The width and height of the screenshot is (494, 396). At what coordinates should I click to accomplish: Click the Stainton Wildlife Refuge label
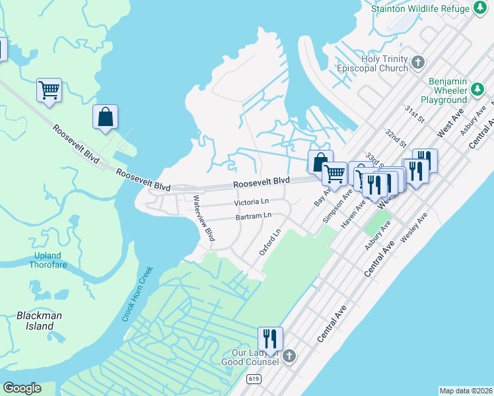click(420, 9)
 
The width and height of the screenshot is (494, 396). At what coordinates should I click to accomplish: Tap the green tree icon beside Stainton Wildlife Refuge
click(480, 9)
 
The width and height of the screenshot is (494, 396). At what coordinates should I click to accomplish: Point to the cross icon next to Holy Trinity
click(417, 63)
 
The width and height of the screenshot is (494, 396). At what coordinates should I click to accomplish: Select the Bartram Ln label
click(254, 216)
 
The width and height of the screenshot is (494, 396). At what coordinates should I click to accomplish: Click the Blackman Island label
click(40, 321)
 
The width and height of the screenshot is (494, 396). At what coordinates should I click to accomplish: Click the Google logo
click(22, 388)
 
